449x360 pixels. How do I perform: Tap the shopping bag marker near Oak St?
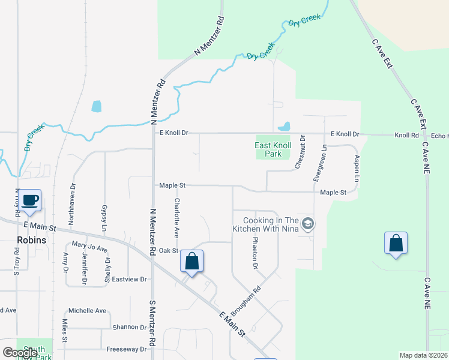pyautogui.click(x=191, y=261)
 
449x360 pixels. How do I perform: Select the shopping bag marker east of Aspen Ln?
pyautogui.click(x=396, y=243)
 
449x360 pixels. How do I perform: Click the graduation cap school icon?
pyautogui.click(x=308, y=224)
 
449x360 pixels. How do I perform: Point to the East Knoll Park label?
pyautogui.click(x=273, y=149)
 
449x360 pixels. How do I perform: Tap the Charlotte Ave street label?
pyautogui.click(x=177, y=217)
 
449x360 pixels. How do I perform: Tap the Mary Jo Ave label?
pyautogui.click(x=89, y=246)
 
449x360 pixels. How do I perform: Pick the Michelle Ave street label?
pyautogui.click(x=87, y=310)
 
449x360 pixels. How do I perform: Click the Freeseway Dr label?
pyautogui.click(x=126, y=349)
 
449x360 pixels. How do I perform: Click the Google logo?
pyautogui.click(x=20, y=352)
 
